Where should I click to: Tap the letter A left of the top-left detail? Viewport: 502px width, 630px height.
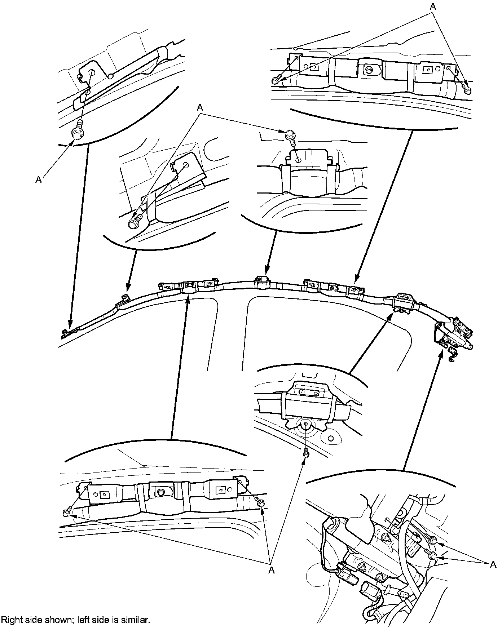click(39, 179)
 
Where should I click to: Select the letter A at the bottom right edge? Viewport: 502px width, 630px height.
click(493, 565)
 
